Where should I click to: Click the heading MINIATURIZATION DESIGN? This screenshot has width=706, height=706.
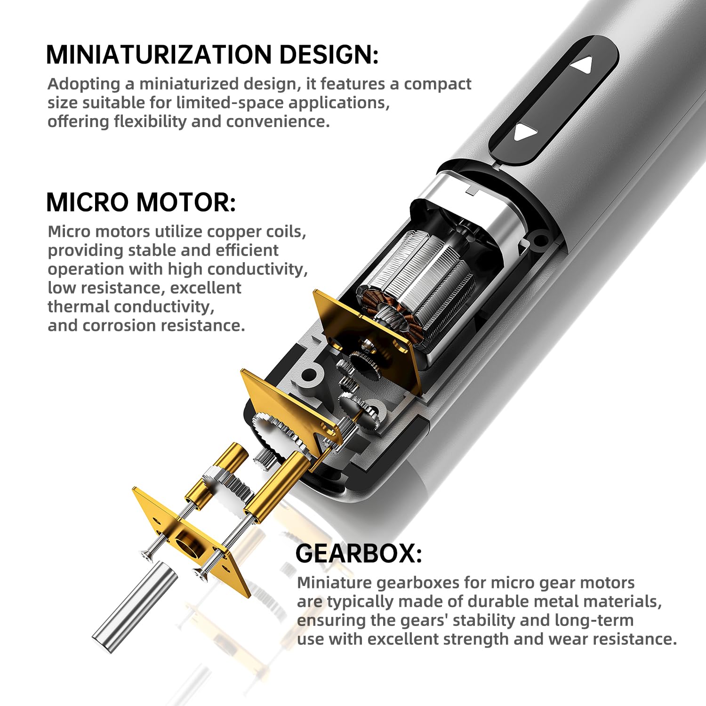click(x=212, y=55)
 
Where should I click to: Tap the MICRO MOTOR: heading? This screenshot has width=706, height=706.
click(x=141, y=202)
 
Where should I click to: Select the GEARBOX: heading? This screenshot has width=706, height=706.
click(x=359, y=554)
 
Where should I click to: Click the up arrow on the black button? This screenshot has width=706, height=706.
click(x=582, y=65)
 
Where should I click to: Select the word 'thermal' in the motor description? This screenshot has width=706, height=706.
click(x=78, y=306)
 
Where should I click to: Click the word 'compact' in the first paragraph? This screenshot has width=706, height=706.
click(x=438, y=84)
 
